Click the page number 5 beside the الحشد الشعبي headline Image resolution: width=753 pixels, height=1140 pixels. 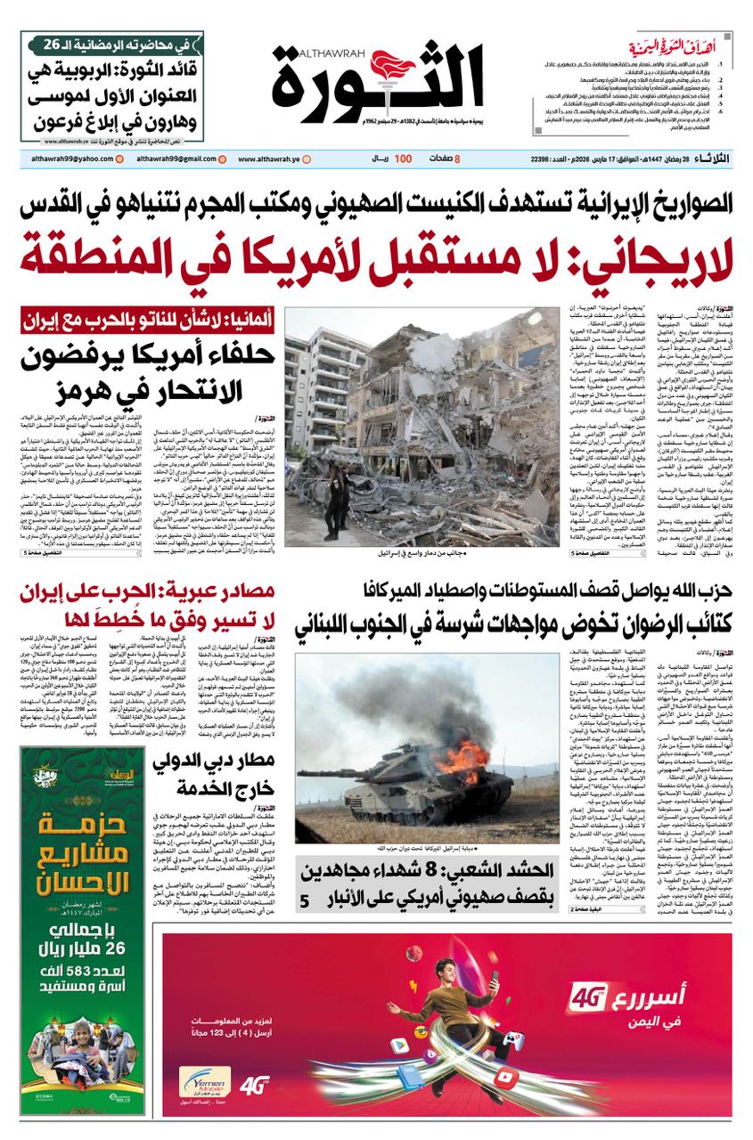[305, 901]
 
